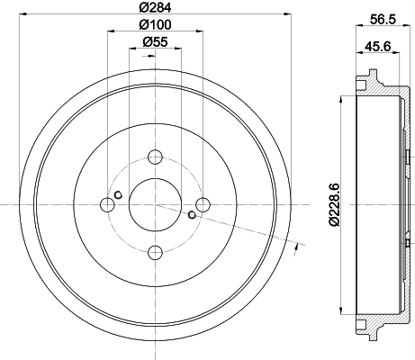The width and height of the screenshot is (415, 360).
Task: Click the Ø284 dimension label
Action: point(155,7)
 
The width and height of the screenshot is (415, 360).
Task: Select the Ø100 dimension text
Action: point(155,24)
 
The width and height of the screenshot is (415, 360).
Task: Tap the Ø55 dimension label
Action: point(155,41)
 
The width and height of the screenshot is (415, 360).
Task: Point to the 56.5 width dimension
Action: point(383,20)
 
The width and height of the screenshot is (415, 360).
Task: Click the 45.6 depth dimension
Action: point(378,47)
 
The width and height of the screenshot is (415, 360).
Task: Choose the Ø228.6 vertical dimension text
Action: point(334,204)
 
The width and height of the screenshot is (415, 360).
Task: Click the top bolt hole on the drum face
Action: point(155,157)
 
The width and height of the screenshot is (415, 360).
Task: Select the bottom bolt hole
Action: point(156,252)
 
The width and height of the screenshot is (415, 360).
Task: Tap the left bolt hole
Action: point(107,205)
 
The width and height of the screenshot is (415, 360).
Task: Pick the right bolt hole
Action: point(203,204)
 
